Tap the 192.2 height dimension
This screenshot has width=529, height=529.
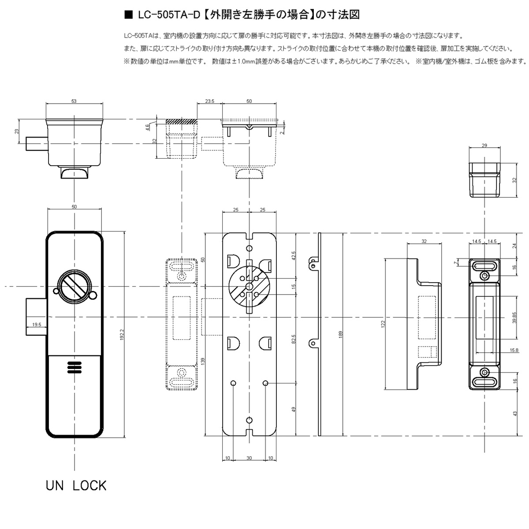click(x=122, y=335)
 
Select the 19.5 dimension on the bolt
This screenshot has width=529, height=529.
click(x=37, y=324)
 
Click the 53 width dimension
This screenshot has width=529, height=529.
click(x=74, y=101)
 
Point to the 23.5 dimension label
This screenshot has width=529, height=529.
click(x=209, y=101)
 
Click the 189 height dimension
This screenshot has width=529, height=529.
click(x=341, y=334)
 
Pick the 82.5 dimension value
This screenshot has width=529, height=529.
click(x=294, y=339)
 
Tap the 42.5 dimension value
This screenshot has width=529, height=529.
click(x=294, y=256)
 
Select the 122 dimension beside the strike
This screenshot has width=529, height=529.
click(x=383, y=324)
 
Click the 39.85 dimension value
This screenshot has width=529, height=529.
click(x=514, y=317)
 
